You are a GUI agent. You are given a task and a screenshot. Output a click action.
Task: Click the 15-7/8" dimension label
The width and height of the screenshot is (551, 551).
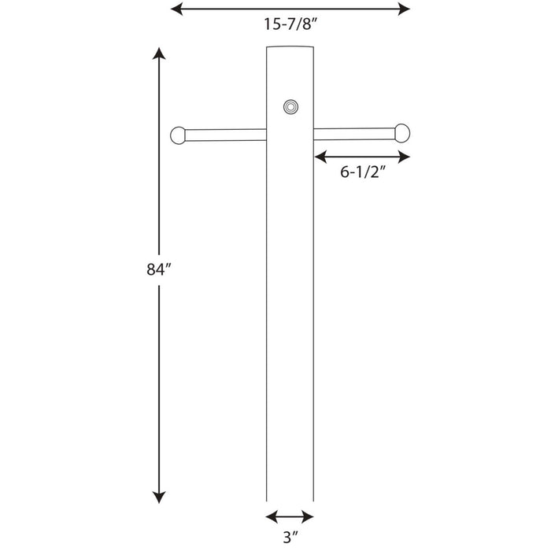290,24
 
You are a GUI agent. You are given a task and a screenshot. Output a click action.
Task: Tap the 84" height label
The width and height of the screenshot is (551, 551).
158,269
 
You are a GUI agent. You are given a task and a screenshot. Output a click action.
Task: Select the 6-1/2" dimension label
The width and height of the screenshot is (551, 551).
363,172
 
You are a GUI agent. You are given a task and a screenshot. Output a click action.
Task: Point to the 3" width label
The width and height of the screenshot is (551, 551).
290,537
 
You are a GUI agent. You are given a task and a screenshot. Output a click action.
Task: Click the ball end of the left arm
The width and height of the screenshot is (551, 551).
178,135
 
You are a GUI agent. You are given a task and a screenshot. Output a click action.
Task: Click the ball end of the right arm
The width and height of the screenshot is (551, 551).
402,133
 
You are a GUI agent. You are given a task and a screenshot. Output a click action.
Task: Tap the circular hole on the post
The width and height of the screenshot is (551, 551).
291,107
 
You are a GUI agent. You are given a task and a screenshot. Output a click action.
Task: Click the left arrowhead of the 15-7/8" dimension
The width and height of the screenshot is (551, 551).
176,9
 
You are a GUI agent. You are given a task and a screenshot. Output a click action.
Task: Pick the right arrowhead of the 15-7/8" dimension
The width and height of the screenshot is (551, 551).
404,9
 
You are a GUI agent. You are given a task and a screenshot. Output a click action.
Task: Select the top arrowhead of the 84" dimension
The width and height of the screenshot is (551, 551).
159,54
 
